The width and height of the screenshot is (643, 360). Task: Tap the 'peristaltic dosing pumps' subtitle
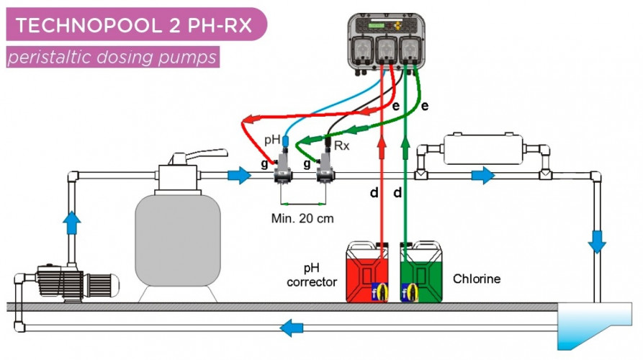112,57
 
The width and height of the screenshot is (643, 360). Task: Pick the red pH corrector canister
372,272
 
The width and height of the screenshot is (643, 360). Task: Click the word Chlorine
476,278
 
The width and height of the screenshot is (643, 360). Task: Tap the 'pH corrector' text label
312,276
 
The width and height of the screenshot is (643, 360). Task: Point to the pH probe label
271,138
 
